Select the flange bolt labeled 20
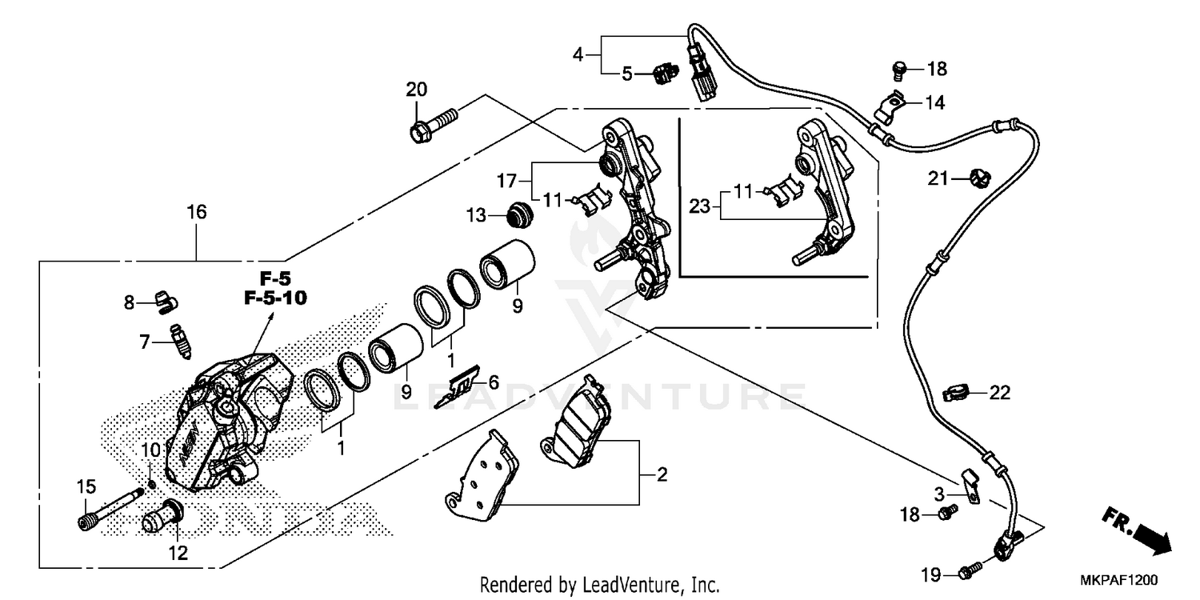coord(433,125)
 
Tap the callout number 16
coord(197,213)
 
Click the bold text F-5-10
coord(273,298)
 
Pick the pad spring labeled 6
coord(458,387)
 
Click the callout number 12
coord(178,553)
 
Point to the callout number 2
coord(662,475)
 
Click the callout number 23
coord(699,206)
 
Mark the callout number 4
coord(578,55)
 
